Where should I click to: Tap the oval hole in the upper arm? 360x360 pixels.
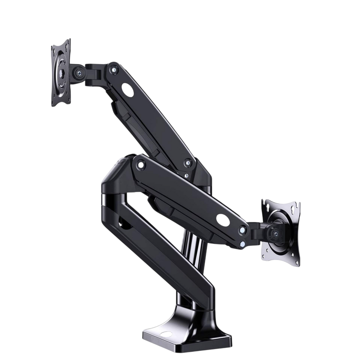128,90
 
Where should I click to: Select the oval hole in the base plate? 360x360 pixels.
166,334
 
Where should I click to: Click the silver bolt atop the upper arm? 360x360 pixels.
114,70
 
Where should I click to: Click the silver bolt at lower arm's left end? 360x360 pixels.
141,165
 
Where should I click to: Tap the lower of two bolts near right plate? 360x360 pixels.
243,244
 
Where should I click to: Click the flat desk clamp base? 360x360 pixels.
189,333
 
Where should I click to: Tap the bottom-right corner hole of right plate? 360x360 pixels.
296,261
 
